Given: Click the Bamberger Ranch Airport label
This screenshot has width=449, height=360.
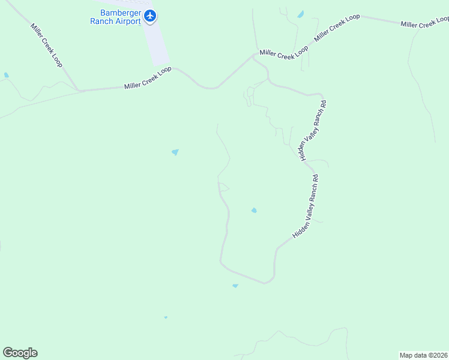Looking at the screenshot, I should (x=115, y=17).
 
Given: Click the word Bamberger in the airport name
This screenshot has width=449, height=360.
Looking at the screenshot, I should (x=115, y=13).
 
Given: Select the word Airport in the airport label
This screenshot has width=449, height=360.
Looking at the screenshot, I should (x=127, y=21).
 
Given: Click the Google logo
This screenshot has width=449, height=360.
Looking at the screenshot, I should (x=20, y=353).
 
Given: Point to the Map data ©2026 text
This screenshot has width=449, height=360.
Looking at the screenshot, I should (x=424, y=355).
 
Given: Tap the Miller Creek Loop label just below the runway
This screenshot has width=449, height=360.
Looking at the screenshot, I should (x=148, y=78).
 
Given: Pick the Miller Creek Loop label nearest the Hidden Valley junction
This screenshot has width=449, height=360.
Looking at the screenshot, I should (x=284, y=53).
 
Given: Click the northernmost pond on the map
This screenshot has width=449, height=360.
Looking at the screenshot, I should (x=300, y=14).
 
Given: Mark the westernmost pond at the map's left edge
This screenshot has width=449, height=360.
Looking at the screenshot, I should (x=6, y=75).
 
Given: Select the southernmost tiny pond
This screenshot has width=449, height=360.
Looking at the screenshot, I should (x=166, y=317).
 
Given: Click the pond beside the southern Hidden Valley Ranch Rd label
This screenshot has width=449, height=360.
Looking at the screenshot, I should (x=254, y=210).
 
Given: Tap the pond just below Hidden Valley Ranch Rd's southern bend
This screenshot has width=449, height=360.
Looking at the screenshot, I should (x=235, y=286).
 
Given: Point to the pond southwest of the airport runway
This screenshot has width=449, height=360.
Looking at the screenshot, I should (x=175, y=152).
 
